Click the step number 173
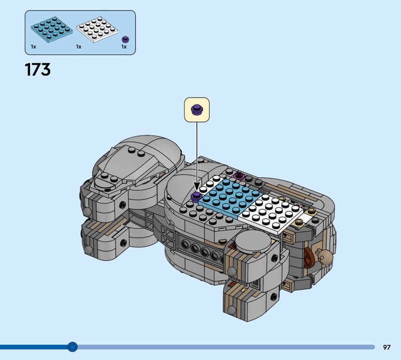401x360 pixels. point(38,70)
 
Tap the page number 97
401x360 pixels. point(386,347)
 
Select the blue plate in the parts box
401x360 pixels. point(52,30)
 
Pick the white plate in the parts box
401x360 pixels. point(97,30)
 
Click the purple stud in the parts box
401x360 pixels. point(125,40)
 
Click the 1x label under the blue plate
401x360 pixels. point(34,47)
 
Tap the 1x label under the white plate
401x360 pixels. point(79,47)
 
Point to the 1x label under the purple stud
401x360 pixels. point(124,47)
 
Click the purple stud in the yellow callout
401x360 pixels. point(197,110)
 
